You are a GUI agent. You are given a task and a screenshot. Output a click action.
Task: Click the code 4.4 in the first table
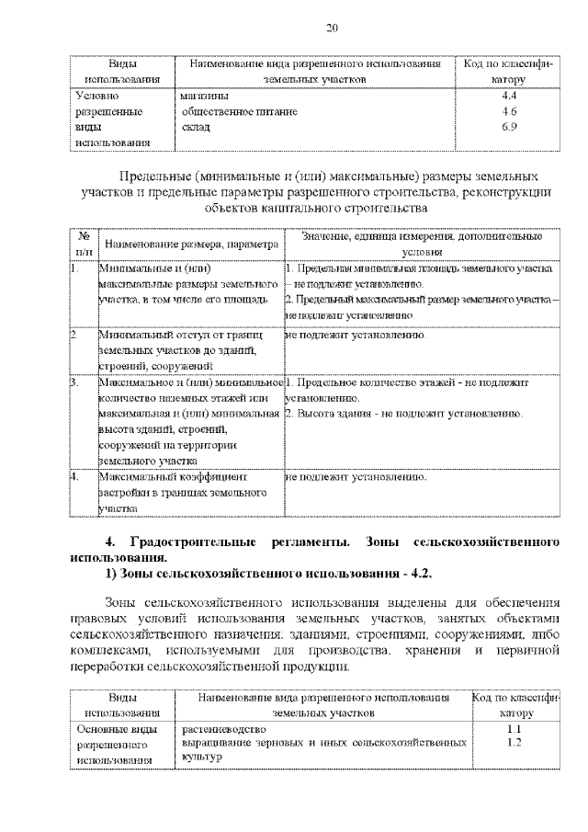click(x=510, y=96)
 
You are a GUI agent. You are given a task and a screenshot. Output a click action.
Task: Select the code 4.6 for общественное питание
click(x=510, y=111)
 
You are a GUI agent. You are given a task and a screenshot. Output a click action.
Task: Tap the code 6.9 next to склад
click(x=510, y=127)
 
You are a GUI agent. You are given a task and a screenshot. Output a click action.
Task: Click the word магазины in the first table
click(x=204, y=96)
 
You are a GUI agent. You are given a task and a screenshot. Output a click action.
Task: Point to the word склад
click(x=196, y=127)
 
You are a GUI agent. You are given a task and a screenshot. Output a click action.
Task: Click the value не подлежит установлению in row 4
click(x=356, y=477)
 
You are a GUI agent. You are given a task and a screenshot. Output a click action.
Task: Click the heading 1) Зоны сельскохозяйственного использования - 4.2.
click(x=268, y=575)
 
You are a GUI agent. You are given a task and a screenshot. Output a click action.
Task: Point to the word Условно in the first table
click(x=96, y=96)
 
